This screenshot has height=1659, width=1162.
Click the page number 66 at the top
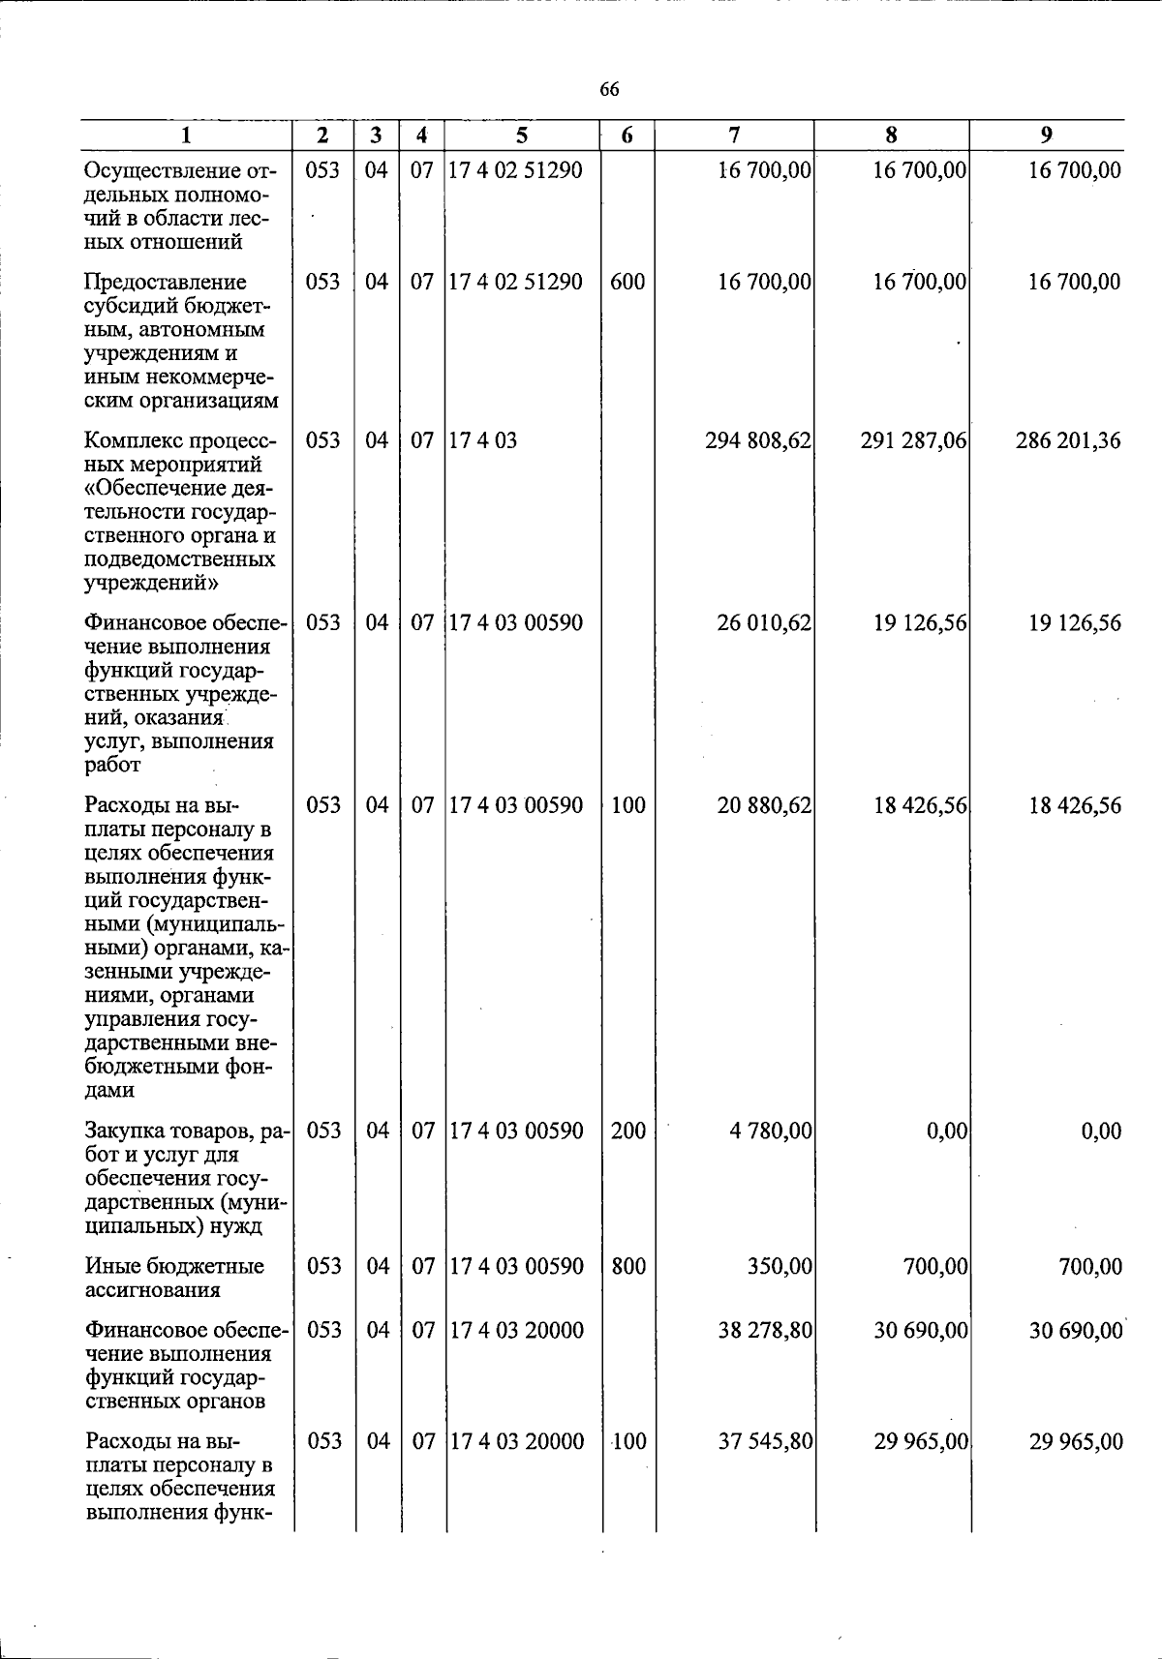pyautogui.click(x=609, y=90)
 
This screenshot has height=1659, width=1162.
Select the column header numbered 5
pyautogui.click(x=523, y=136)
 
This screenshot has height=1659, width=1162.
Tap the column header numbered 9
pyautogui.click(x=1046, y=136)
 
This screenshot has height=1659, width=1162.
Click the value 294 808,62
pyautogui.click(x=758, y=441)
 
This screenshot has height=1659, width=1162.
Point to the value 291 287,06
pyautogui.click(x=913, y=441)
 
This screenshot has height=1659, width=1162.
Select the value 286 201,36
pyautogui.click(x=1068, y=441)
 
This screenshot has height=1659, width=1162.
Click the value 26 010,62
pyautogui.click(x=764, y=623)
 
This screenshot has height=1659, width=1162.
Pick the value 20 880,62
pyautogui.click(x=764, y=805)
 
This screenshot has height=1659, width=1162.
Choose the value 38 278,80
pyautogui.click(x=764, y=1331)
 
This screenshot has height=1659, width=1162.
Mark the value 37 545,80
pyautogui.click(x=764, y=1442)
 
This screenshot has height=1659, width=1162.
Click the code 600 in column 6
pyautogui.click(x=627, y=283)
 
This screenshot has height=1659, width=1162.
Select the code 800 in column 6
pyautogui.click(x=628, y=1266)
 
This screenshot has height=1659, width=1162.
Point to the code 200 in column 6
pyautogui.click(x=628, y=1131)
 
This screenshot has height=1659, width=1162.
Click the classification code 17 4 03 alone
pyautogui.click(x=482, y=441)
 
